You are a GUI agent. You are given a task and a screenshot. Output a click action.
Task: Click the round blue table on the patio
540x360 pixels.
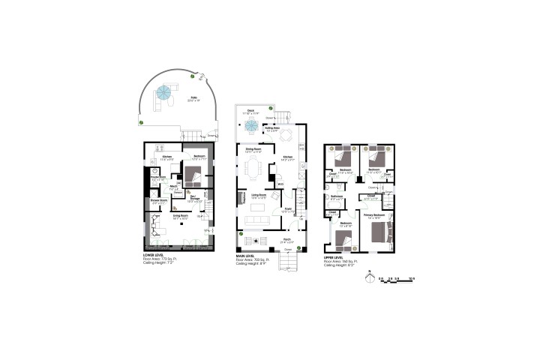coord(163,94)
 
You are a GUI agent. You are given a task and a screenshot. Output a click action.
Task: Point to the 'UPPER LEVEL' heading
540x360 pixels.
coord(334,256)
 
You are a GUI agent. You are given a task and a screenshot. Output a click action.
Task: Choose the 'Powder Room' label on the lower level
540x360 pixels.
coord(158,178)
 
